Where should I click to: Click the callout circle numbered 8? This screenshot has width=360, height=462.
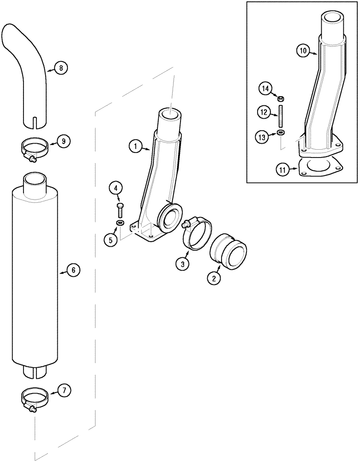[x=61, y=68]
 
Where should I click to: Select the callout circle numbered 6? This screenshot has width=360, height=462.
[x=73, y=271]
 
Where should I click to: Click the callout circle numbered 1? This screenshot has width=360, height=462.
[x=135, y=147]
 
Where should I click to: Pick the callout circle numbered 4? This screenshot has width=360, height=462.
[x=116, y=188]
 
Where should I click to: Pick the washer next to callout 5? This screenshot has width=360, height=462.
[x=120, y=224]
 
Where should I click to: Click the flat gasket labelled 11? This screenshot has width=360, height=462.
[x=321, y=167]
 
